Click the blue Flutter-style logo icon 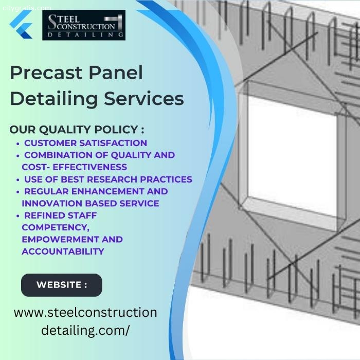[x=21, y=24]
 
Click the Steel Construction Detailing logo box [x=84, y=25]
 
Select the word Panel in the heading [x=116, y=73]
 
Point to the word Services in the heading [x=144, y=99]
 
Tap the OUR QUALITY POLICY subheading [x=77, y=130]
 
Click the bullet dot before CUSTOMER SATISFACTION [x=18, y=143]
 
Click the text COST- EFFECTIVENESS [x=74, y=167]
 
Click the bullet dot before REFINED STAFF [x=18, y=217]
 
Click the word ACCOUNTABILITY [x=63, y=251]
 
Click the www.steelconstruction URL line [x=85, y=313]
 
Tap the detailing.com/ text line [x=85, y=330]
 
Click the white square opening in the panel [x=292, y=155]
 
